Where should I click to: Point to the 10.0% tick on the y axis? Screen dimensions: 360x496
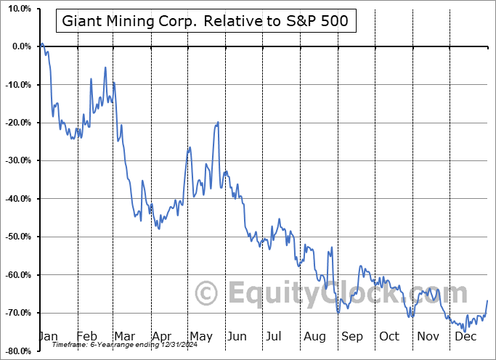(x=17, y=9)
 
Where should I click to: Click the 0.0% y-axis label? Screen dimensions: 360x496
(x=19, y=46)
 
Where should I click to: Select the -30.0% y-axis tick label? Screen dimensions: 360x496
(x=17, y=160)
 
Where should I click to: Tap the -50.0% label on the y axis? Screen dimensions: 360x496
(x=17, y=237)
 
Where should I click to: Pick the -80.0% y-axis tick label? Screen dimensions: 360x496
(x=17, y=351)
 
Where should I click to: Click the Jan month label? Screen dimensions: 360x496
(x=48, y=336)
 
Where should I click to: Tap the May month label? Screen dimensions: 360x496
(x=201, y=336)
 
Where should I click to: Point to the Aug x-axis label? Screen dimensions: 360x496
(x=315, y=336)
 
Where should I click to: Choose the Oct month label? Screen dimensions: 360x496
(x=389, y=336)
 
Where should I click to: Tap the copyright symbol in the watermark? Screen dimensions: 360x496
(x=207, y=294)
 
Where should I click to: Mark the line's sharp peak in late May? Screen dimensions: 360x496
(x=217, y=123)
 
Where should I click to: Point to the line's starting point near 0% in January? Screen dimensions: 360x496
(x=42, y=44)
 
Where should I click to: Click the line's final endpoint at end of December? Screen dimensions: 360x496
(x=487, y=300)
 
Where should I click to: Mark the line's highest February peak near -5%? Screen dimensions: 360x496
(x=105, y=67)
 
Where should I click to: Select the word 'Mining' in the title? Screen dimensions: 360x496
(x=133, y=21)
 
